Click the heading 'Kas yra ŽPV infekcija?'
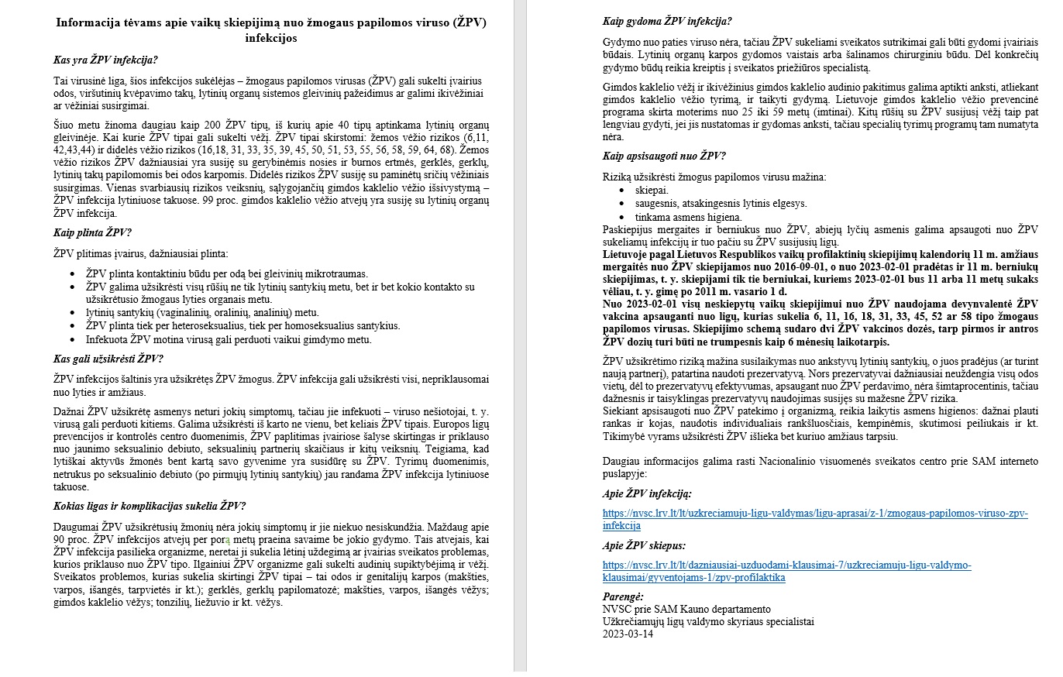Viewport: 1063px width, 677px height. pos(105,60)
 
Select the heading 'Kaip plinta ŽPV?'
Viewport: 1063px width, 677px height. pos(92,232)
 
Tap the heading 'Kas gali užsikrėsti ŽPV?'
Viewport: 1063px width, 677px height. pos(108,358)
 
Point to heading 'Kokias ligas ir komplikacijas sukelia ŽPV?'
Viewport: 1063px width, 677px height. pos(150,507)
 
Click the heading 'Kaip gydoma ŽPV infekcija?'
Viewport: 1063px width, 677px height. pos(667,21)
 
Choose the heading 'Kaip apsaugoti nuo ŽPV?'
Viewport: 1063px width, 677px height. pos(664,156)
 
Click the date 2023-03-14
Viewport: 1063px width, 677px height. pos(628,634)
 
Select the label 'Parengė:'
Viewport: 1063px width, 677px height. pos(623,596)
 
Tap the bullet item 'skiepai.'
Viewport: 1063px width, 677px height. pos(652,190)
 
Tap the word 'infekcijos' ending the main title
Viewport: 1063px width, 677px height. pos(271,37)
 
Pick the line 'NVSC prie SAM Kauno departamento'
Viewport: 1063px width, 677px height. pos(686,609)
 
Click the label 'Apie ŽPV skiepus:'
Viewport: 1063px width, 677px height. pos(644,545)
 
